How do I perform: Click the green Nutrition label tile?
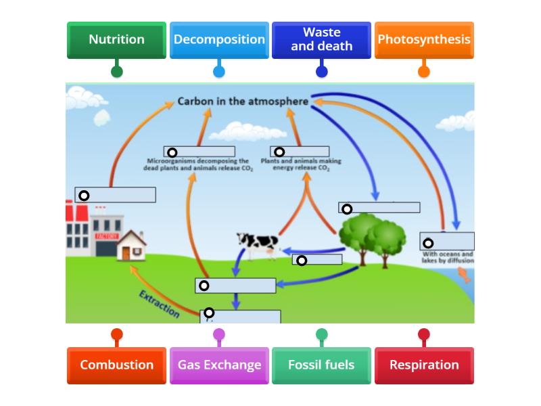(116, 40)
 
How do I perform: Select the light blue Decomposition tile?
(219, 40)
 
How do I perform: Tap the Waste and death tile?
(321, 40)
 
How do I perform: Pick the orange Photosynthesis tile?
(424, 40)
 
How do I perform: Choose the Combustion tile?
(116, 365)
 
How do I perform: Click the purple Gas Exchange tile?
(219, 365)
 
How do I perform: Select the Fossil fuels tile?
(321, 365)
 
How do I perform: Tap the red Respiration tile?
(424, 365)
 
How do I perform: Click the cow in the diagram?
(258, 243)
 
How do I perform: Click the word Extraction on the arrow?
(160, 304)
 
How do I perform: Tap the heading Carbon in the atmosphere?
(243, 101)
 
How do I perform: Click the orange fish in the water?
(464, 273)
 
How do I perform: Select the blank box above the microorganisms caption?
(199, 152)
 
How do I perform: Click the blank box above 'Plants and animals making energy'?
(300, 152)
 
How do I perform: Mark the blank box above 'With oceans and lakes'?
(447, 242)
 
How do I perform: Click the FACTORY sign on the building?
(107, 236)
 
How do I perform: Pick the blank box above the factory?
(116, 195)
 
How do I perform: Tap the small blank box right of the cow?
(317, 260)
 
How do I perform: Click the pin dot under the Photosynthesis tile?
(424, 70)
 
